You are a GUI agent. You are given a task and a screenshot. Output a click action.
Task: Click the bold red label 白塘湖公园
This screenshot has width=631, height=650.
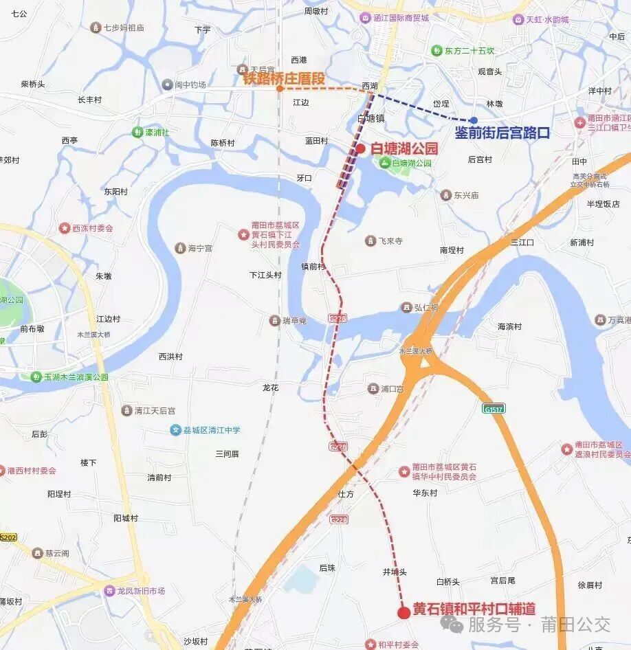(403, 148)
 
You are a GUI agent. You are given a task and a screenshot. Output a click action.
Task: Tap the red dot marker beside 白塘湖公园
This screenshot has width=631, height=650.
(360, 148)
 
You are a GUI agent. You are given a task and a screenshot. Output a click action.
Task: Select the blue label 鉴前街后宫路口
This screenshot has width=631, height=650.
(502, 133)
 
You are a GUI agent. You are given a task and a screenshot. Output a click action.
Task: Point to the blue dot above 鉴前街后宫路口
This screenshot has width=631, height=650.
(474, 120)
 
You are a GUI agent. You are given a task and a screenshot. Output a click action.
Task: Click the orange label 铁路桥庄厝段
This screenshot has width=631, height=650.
(283, 78)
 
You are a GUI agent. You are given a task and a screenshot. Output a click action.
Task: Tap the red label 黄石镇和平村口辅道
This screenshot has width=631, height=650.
(474, 609)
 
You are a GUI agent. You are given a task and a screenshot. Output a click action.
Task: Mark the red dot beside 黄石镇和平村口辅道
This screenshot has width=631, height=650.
(404, 612)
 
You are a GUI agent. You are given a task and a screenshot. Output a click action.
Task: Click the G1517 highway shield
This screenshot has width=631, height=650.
(494, 408)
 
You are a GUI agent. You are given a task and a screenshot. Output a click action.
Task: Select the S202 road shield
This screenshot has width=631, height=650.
(8, 537)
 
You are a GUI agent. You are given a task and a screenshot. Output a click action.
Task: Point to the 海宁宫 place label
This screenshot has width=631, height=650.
(200, 248)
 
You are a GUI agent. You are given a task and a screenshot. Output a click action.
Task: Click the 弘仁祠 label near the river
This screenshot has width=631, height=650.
(425, 307)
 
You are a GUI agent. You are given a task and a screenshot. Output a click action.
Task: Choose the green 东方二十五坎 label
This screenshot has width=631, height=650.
(469, 51)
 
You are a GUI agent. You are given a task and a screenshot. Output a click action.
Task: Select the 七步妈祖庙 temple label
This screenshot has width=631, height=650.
(123, 27)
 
